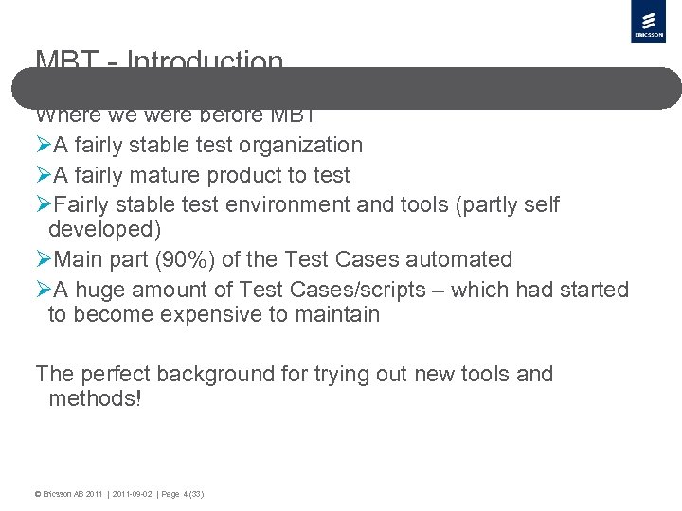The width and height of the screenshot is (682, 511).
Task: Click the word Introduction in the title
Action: (205, 61)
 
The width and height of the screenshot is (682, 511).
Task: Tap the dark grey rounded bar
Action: (346, 88)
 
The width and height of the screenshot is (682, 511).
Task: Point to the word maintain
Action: (335, 314)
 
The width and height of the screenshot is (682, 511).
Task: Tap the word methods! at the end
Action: (95, 398)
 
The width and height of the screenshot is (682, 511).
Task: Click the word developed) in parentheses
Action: (104, 230)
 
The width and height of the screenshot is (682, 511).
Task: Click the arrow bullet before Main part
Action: (43, 259)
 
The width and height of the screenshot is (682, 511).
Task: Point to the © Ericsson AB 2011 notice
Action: (68, 494)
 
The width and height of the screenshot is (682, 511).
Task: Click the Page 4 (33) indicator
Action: (183, 494)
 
